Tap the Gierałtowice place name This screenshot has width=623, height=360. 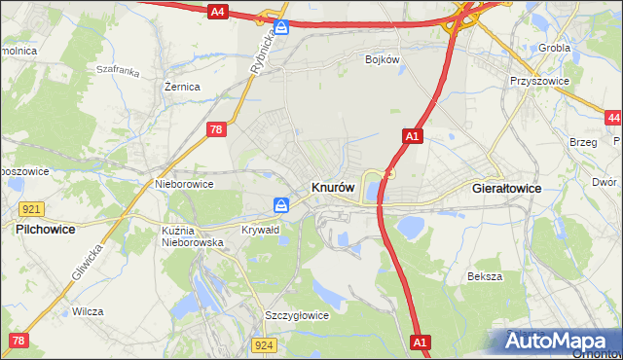click(506, 188)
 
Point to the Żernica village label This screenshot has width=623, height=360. click(182, 87)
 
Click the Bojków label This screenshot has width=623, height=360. click(383, 59)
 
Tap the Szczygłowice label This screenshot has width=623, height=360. click(297, 315)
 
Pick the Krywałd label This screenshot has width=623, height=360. click(260, 231)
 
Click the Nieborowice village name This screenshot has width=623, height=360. click(184, 183)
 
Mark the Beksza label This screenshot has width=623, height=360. click(484, 276)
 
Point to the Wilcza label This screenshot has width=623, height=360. click(88, 312)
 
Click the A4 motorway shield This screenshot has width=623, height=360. click(218, 12)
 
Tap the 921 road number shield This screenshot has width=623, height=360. click(31, 209)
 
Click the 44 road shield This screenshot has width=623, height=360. click(612, 118)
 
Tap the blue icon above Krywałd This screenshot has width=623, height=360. click(280, 205)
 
